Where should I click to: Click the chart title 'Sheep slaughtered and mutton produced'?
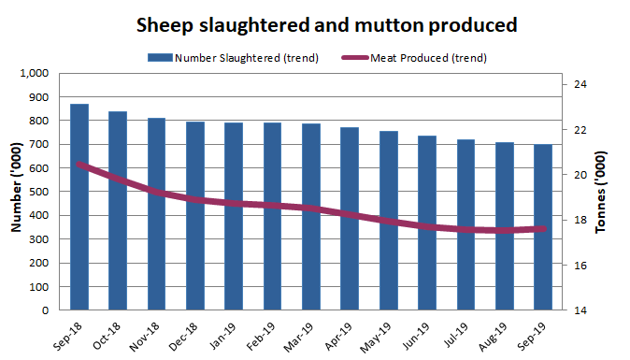314,22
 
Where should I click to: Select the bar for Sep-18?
79,207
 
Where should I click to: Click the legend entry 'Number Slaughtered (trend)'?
234,58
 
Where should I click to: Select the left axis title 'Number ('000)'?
16,192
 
